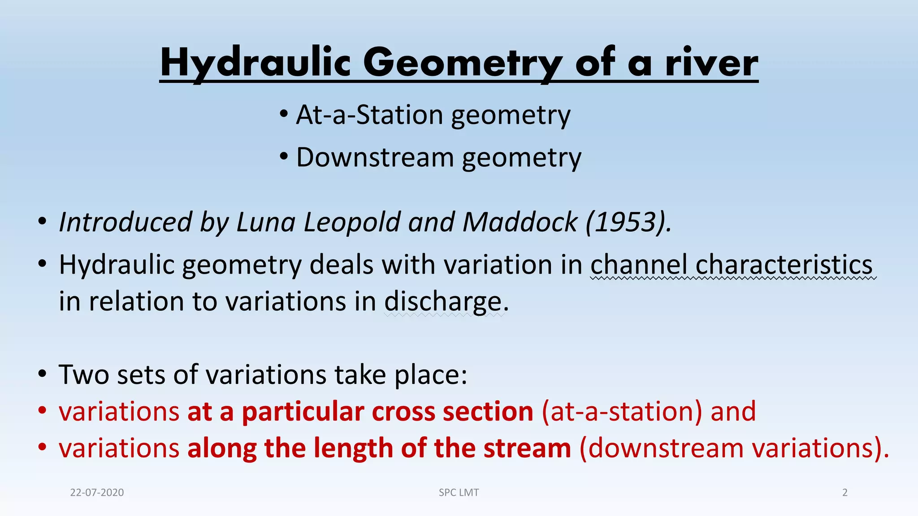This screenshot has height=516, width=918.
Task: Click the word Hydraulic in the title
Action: pos(255,63)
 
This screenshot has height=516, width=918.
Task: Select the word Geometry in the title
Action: pos(462,63)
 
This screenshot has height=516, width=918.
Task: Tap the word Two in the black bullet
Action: pos(83,374)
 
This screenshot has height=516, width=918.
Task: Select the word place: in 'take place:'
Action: pos(431,374)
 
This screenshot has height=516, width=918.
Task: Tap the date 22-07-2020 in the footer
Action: pos(97,493)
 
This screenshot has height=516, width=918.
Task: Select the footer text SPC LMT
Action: pos(459,493)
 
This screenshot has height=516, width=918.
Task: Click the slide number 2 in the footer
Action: pos(845,493)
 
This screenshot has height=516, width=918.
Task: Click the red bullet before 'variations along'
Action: pos(42,447)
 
